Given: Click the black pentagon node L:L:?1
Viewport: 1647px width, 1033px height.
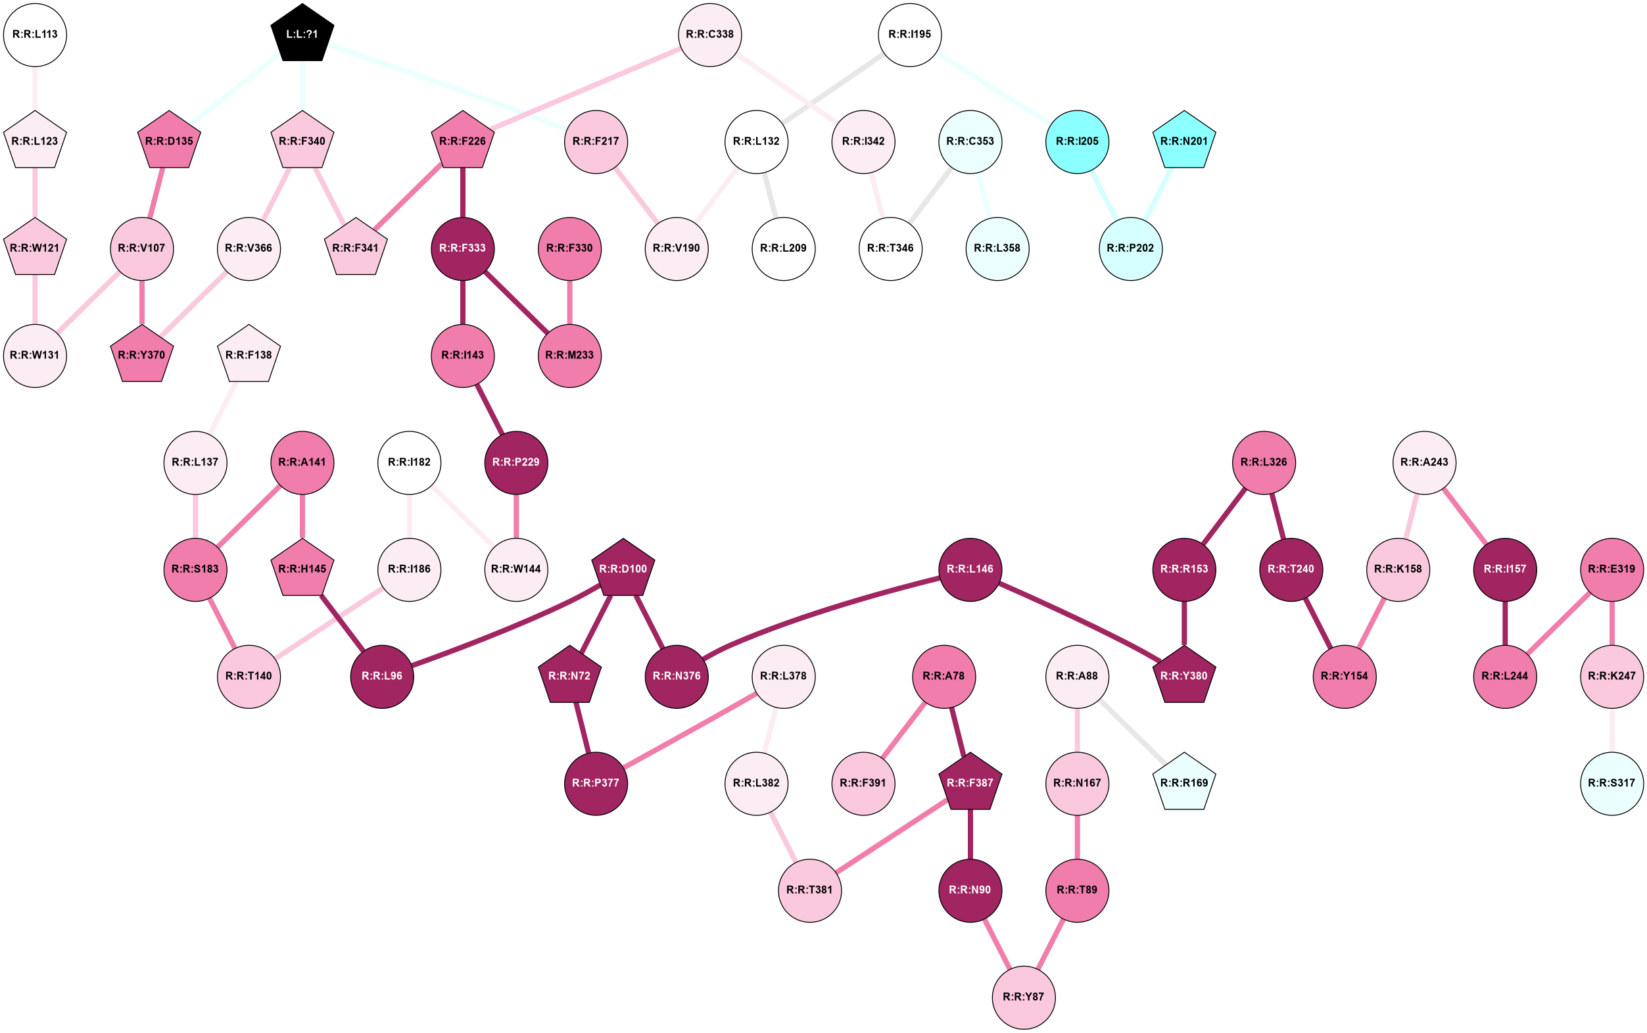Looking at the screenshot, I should (x=302, y=34).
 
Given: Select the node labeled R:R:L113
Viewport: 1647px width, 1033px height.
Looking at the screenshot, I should (x=35, y=34).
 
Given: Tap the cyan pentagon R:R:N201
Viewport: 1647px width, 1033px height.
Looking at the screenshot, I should (x=1184, y=141).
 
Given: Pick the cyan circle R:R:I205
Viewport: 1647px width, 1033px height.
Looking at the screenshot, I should (x=1077, y=141).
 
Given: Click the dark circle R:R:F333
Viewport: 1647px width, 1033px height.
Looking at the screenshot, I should (x=462, y=248).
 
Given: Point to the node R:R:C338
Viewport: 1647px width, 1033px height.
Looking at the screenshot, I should (x=710, y=34).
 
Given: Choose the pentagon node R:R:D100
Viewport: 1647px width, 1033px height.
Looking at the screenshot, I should (x=623, y=569).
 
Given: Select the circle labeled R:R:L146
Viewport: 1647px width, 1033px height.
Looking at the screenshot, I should (x=970, y=569).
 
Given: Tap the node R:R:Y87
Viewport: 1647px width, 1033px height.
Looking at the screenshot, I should (x=1023, y=997).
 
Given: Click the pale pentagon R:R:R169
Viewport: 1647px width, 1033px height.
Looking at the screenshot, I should (x=1184, y=783).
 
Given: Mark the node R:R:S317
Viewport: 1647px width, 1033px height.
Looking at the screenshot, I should (x=1611, y=783).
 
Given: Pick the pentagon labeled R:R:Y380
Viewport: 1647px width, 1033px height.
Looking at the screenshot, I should (x=1184, y=676).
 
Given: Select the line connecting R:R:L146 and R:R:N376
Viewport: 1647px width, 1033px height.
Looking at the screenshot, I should (x=813, y=613).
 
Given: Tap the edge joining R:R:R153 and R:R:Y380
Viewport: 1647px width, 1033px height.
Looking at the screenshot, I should (x=1184, y=623).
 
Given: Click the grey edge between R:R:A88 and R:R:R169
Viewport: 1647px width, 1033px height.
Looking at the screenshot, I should (x=1131, y=730).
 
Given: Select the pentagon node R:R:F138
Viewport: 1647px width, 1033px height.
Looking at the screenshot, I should (x=249, y=355).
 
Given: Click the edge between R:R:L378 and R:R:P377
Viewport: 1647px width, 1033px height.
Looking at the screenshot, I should (x=689, y=730).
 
